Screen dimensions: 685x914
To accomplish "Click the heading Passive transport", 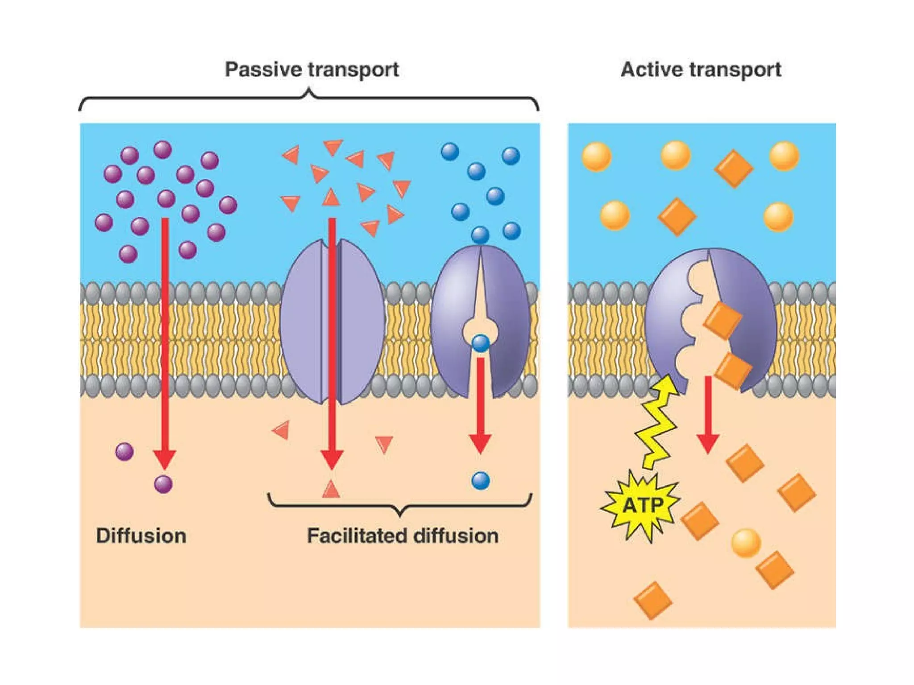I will tap(312, 70).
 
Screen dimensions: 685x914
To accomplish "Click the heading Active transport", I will tap(701, 70).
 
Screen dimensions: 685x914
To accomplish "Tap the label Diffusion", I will tap(141, 536).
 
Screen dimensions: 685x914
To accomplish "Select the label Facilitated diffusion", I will tap(403, 536).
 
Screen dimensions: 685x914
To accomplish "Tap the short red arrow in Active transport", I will tap(707, 415).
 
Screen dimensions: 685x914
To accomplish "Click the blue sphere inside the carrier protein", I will tap(481, 343).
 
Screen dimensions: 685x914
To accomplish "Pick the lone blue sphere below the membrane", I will tap(481, 481).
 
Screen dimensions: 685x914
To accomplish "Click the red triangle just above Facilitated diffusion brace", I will tap(331, 489).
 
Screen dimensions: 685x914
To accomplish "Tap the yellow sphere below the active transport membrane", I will tap(746, 543).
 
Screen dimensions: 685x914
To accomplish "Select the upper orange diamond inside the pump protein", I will tap(722, 320).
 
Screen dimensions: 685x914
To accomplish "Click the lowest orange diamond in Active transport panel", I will tap(652, 600).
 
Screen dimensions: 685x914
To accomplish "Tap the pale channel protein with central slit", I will tap(332, 321).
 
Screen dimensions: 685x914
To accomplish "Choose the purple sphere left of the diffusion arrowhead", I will tap(125, 452).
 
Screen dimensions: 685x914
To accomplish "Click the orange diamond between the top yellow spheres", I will tap(733, 169).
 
